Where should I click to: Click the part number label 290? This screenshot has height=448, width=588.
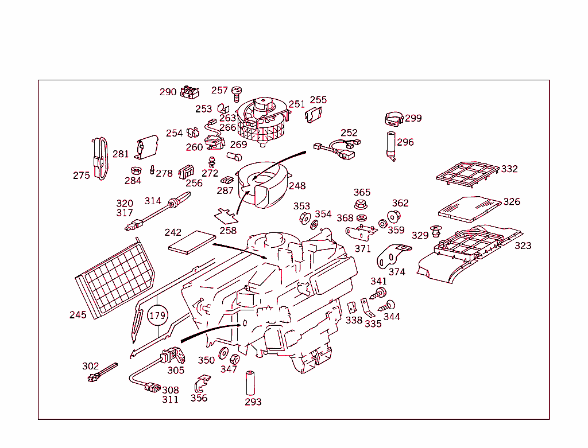168,92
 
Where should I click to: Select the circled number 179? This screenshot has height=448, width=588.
157,315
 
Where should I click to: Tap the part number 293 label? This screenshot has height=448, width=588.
253,402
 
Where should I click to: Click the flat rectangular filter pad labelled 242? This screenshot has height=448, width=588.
190,241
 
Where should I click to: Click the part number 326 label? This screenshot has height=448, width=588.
512,201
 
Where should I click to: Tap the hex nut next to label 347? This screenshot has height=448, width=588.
234,360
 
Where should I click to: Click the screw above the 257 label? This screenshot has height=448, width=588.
236,90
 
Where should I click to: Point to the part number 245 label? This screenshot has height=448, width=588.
78,315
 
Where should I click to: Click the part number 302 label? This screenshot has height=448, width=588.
90,366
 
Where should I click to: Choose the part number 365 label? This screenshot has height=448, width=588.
362,192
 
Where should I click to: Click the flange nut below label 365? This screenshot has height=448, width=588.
361,205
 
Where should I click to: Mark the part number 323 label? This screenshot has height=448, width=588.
523,246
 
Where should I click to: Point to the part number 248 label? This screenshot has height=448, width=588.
297,186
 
